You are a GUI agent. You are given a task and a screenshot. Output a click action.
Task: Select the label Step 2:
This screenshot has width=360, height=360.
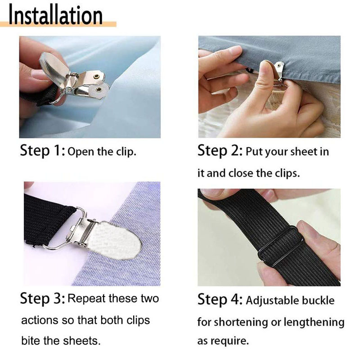click(220, 151)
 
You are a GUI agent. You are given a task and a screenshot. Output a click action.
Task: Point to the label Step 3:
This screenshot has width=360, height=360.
click(43, 298)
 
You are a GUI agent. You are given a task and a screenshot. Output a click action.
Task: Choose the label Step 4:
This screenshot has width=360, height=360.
click(220, 299)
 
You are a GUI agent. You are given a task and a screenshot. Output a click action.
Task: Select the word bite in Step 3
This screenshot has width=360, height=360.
click(31, 341)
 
